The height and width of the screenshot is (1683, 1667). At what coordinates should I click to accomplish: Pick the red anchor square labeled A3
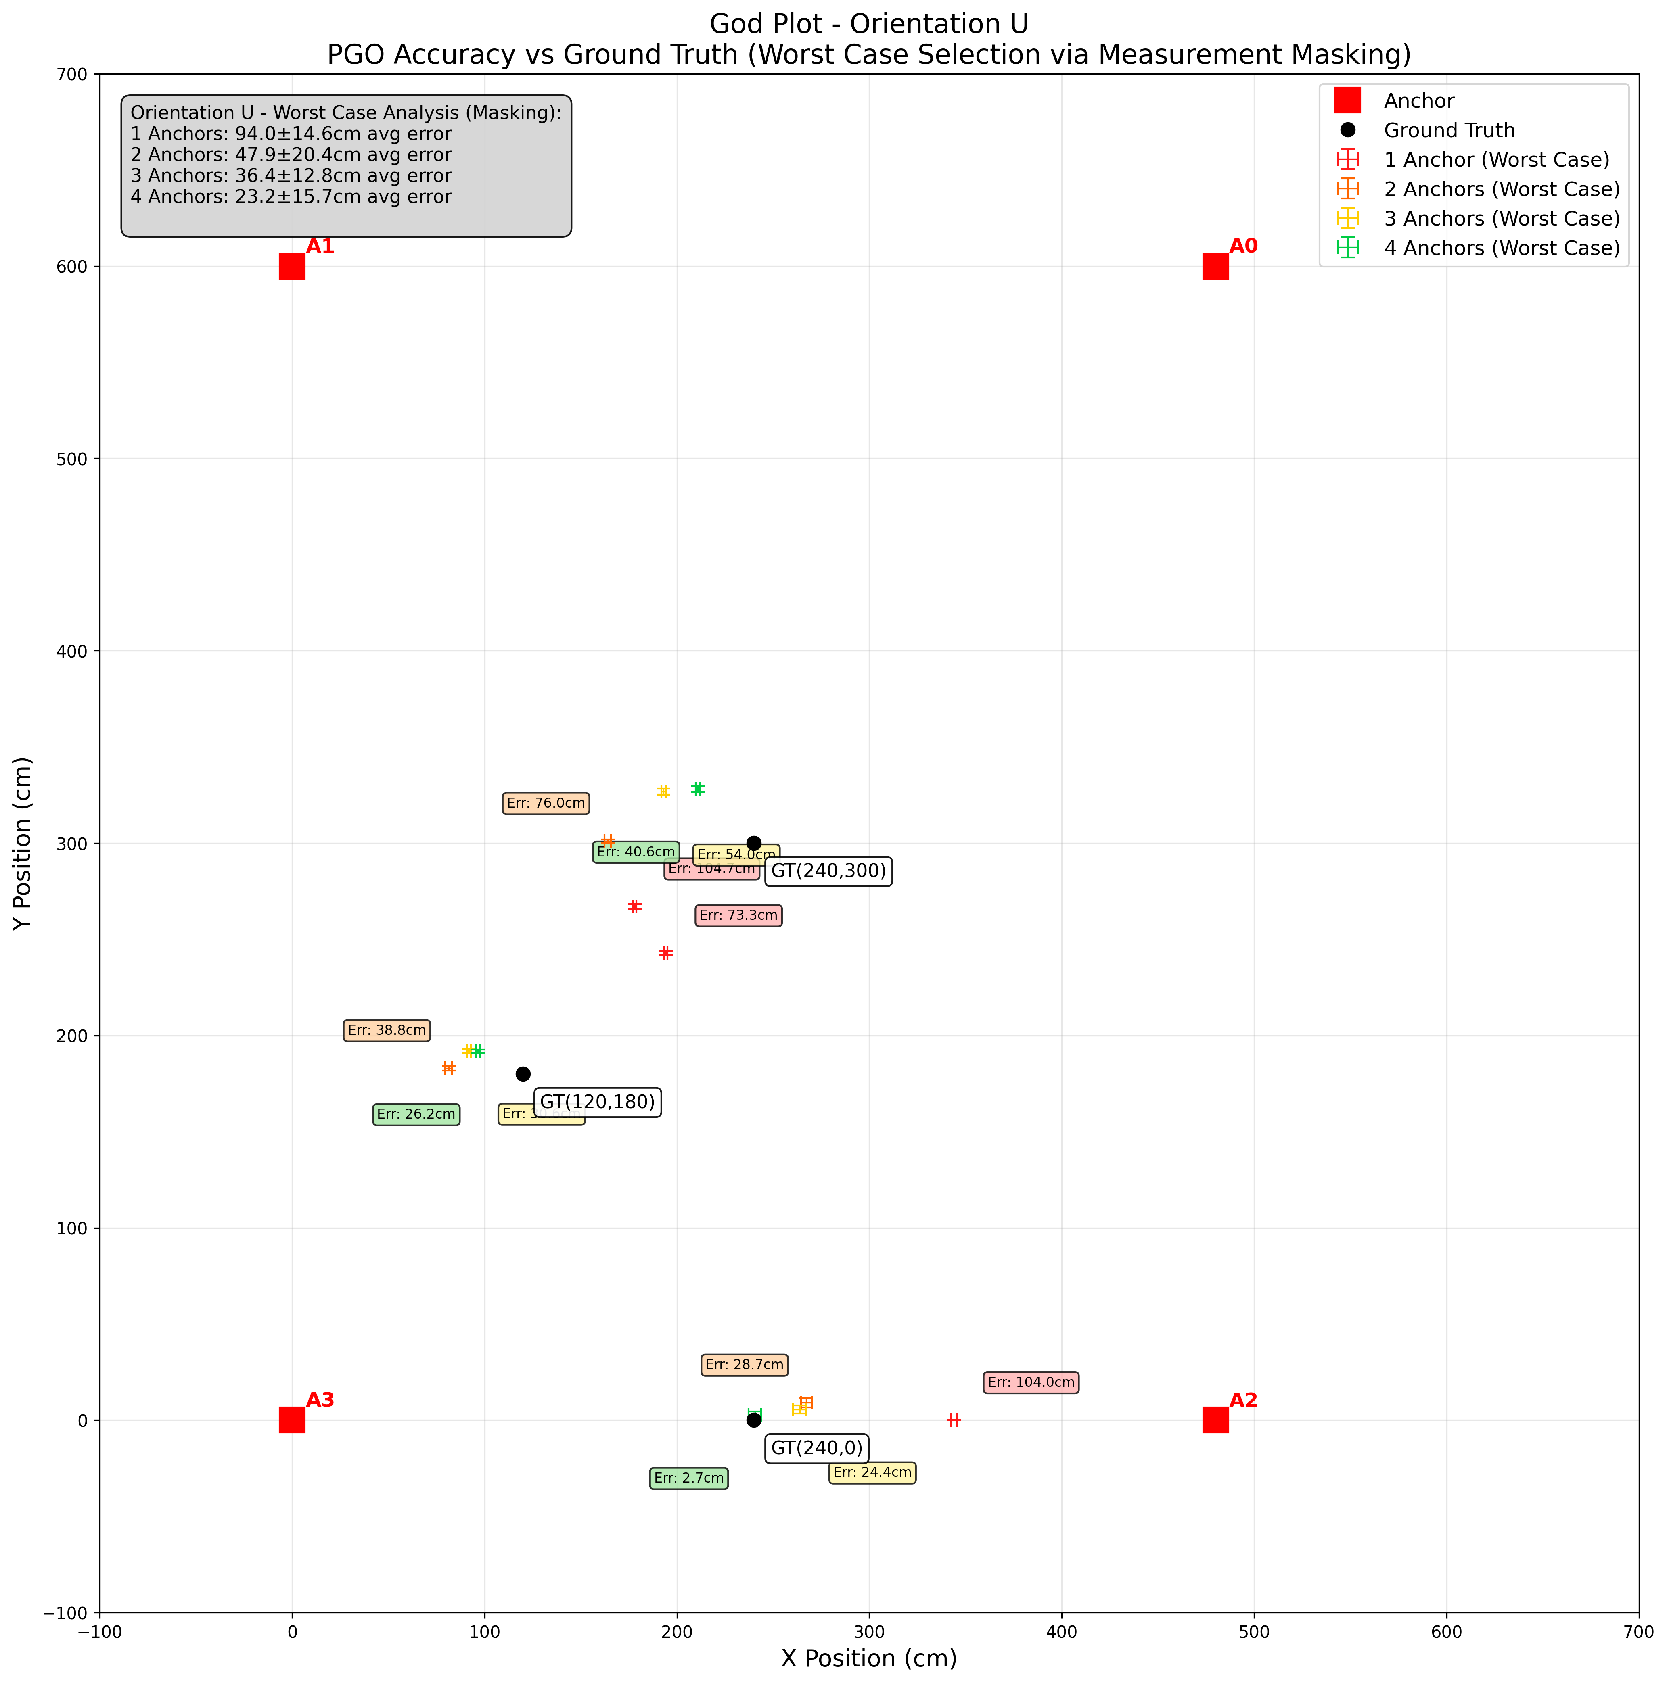pos(292,1420)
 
